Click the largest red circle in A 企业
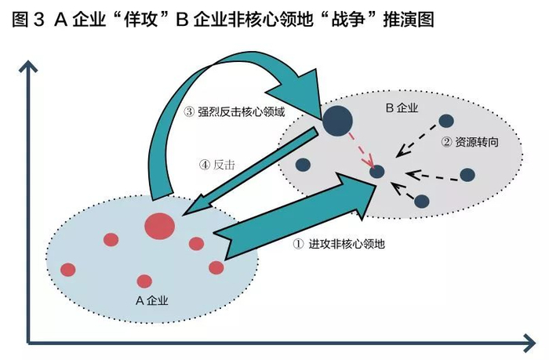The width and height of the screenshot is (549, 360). tap(160, 226)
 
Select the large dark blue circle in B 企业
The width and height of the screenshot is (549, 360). tap(337, 121)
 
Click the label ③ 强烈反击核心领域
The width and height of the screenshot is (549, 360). tap(235, 111)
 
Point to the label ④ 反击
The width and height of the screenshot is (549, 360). tap(217, 165)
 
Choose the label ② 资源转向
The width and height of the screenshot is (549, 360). tap(470, 142)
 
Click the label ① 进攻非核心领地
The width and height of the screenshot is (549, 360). tap(339, 244)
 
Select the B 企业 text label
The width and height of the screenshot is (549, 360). tap(402, 107)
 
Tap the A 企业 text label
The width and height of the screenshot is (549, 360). tap(151, 300)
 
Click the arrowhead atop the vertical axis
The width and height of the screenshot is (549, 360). tap(28, 67)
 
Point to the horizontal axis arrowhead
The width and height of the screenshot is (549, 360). tap(529, 343)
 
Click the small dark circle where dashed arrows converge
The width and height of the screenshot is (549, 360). tap(377, 172)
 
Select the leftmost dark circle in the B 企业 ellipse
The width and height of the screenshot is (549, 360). tap(303, 165)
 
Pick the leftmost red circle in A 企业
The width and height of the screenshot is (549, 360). tap(68, 270)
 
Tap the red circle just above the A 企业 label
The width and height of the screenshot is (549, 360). tap(144, 282)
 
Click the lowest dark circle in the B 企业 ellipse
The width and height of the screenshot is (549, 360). tap(422, 202)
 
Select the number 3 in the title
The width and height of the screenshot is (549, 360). tap(38, 20)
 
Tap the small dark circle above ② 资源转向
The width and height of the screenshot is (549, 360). tap(446, 121)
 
